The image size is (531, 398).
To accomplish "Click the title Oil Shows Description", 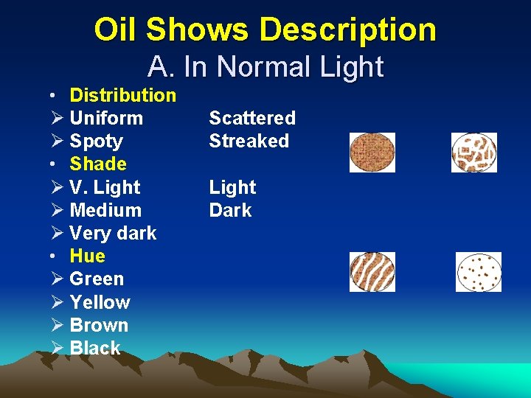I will (265, 30).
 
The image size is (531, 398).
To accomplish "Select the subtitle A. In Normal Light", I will (265, 67).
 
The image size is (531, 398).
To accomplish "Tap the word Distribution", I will (122, 95).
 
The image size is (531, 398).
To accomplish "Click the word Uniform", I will (105, 118).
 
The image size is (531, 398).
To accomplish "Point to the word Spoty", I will (96, 141).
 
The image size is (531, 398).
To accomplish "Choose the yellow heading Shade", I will (98, 164).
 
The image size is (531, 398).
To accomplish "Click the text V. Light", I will (104, 187).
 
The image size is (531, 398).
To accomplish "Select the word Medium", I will (105, 210).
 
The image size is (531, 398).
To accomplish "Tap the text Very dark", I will (112, 233).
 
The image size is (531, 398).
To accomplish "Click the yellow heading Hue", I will (87, 256).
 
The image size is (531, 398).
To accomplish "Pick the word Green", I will (97, 279).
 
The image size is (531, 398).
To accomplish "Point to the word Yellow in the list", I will (99, 302).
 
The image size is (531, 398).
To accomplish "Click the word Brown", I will (98, 325).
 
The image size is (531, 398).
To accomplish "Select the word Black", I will (94, 348).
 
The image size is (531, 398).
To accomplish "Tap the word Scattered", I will (252, 118).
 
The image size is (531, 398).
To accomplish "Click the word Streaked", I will (249, 141).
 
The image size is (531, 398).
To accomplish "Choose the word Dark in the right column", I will (230, 210).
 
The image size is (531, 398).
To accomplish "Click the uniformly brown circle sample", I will (372, 153).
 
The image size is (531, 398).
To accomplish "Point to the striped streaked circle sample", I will (372, 272).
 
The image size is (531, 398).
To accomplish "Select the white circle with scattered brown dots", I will (478, 272).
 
